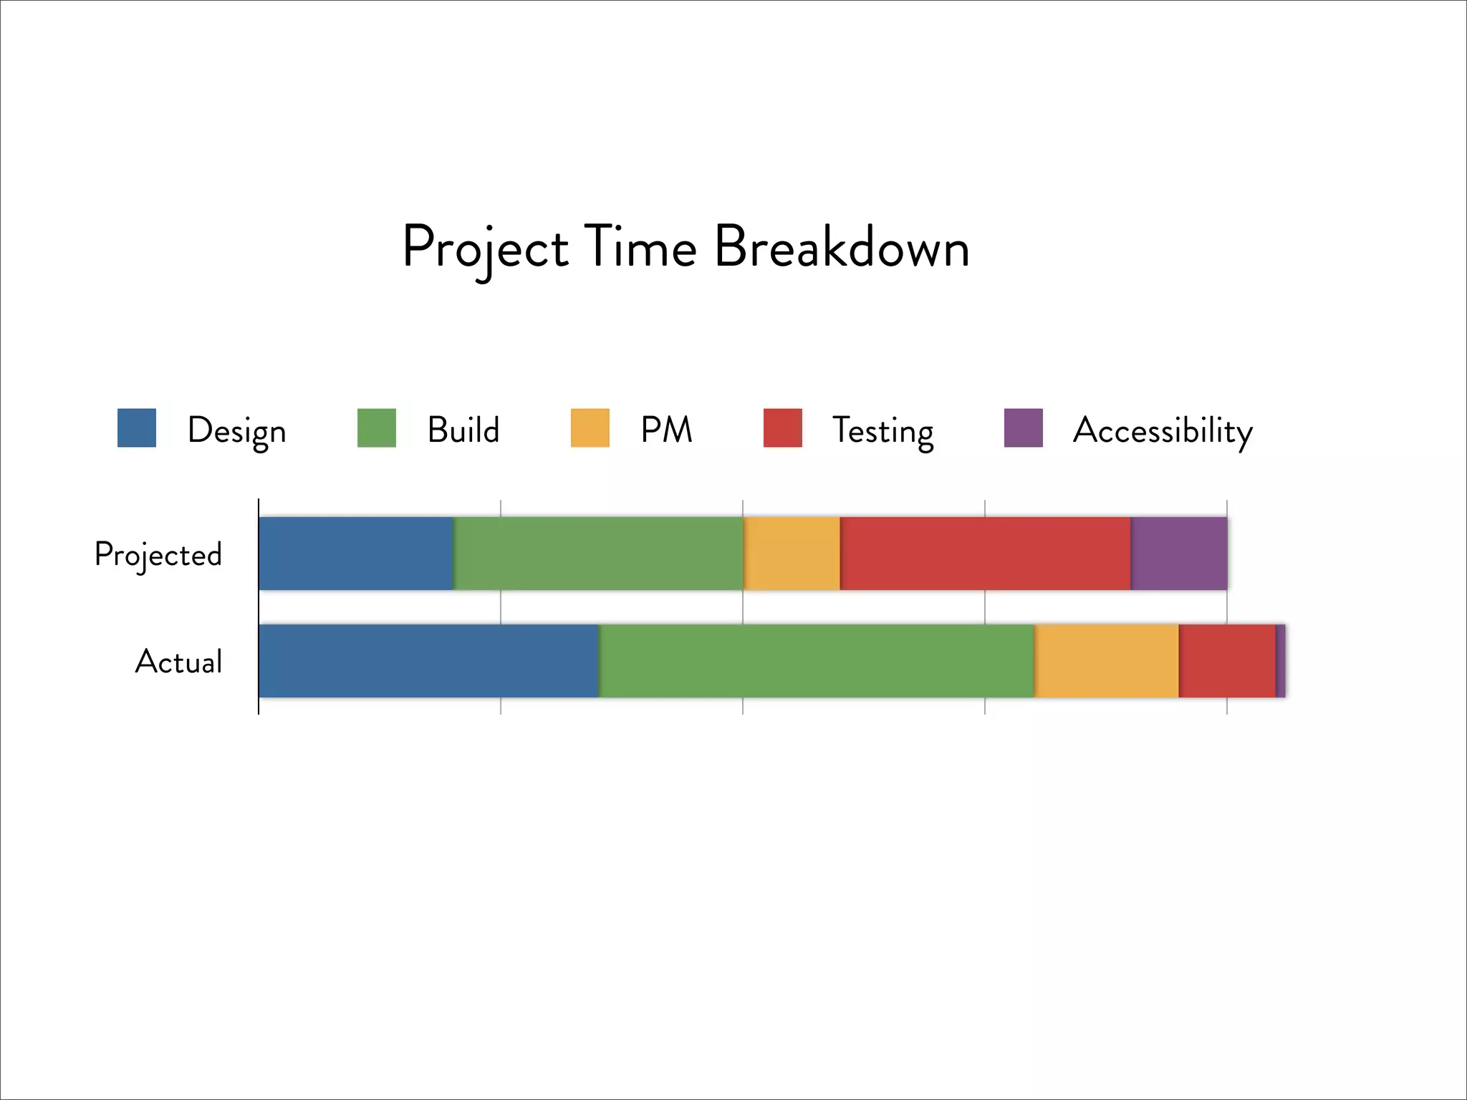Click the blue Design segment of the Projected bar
pyautogui.click(x=356, y=554)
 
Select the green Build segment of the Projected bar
pyautogui.click(x=599, y=554)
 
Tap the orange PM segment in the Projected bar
pyautogui.click(x=792, y=554)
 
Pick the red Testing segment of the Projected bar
pyautogui.click(x=986, y=554)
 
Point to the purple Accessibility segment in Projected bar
pyautogui.click(x=1179, y=554)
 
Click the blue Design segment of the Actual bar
pyautogui.click(x=428, y=661)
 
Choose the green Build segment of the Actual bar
pyautogui.click(x=817, y=661)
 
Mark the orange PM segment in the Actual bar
pyautogui.click(x=1107, y=661)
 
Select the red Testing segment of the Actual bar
pyautogui.click(x=1227, y=661)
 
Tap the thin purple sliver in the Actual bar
pyautogui.click(x=1281, y=661)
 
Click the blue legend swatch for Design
pyautogui.click(x=137, y=428)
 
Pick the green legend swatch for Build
pyautogui.click(x=377, y=428)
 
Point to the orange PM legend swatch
pyautogui.click(x=590, y=428)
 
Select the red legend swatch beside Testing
pyautogui.click(x=783, y=428)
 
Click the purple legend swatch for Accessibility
pyautogui.click(x=1024, y=428)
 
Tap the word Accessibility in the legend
pyautogui.click(x=1163, y=430)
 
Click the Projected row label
pyautogui.click(x=158, y=555)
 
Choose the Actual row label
pyautogui.click(x=179, y=662)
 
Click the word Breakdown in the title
pyautogui.click(x=842, y=247)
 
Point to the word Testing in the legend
pyautogui.click(x=882, y=431)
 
